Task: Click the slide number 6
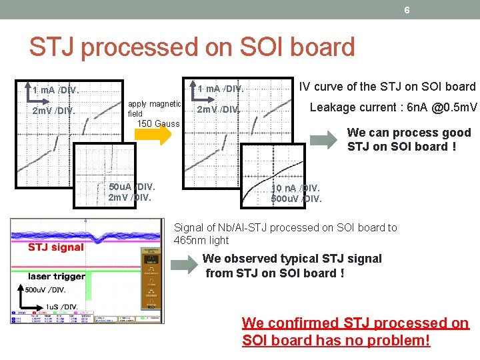click(407, 9)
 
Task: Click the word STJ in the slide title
click(53, 47)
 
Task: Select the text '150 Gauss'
click(158, 123)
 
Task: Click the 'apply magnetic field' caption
click(154, 109)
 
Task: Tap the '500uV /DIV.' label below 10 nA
click(296, 199)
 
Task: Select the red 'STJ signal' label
click(56, 247)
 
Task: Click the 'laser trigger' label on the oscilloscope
click(57, 275)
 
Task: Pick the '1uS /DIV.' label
click(61, 307)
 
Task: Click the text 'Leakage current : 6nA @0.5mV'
click(393, 107)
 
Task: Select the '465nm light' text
click(201, 240)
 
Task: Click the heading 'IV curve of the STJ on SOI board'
click(387, 87)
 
